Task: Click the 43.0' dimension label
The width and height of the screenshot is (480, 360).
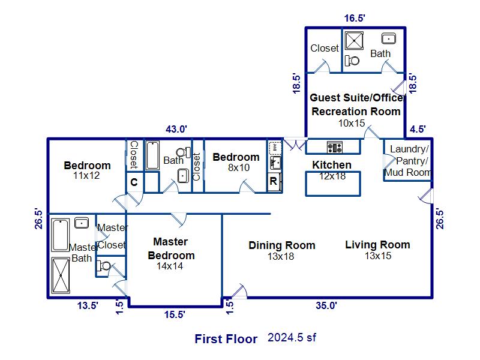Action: [x=176, y=129]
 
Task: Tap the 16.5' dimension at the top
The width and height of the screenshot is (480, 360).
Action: [x=355, y=18]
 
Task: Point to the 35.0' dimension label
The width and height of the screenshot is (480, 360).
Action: [x=326, y=305]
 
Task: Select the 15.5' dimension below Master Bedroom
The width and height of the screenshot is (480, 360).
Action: [x=175, y=314]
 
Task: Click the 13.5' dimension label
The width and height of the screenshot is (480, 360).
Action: [x=88, y=305]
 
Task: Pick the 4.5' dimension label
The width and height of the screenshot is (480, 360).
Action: [x=418, y=129]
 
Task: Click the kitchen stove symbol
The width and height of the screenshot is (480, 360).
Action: [x=335, y=147]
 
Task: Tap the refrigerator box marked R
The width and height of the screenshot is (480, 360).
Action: [x=274, y=182]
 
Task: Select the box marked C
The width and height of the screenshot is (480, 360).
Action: [x=134, y=182]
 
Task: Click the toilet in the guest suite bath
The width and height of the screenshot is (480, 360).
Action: [x=352, y=61]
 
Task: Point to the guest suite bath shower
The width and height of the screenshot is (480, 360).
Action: [x=354, y=40]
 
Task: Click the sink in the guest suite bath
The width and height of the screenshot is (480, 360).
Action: [x=389, y=38]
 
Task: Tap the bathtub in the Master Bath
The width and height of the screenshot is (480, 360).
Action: [x=60, y=235]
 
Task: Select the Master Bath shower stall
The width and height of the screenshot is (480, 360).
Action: [x=61, y=275]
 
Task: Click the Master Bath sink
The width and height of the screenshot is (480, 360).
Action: [x=82, y=223]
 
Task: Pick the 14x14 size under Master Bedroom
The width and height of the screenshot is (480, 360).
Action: [x=170, y=266]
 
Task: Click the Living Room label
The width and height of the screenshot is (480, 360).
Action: [x=378, y=245]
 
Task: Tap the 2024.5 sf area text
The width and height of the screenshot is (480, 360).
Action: [x=292, y=337]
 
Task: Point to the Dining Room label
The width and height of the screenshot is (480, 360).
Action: [x=282, y=245]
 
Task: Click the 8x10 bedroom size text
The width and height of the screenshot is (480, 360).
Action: [x=239, y=167]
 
